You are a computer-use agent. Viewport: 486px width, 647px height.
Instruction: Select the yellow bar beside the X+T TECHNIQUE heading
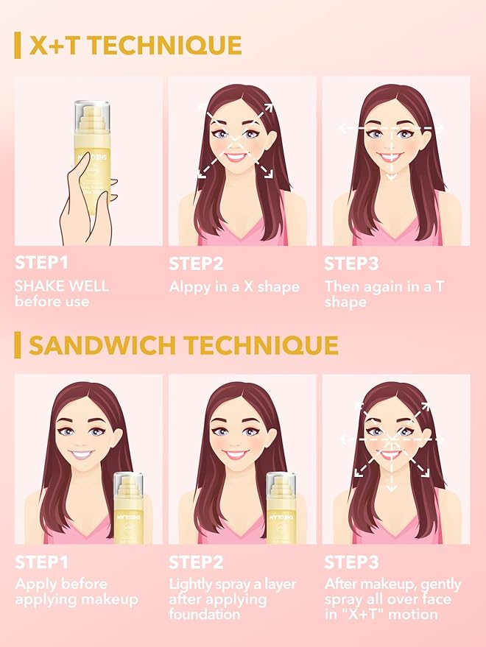(x=18, y=46)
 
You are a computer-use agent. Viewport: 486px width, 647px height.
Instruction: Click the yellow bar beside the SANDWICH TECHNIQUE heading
(x=18, y=344)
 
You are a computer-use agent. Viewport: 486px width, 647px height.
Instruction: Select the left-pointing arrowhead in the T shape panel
(x=344, y=127)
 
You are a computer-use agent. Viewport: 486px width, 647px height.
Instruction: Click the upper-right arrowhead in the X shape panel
(x=267, y=107)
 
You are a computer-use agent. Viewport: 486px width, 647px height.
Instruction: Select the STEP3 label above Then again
(x=351, y=264)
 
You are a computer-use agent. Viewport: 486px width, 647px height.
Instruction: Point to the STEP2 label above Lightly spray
(x=196, y=562)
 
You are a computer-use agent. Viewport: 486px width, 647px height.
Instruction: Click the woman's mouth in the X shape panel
(x=236, y=156)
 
